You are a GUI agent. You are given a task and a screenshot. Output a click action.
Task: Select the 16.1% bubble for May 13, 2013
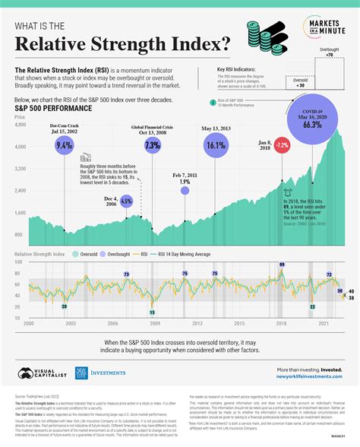217,145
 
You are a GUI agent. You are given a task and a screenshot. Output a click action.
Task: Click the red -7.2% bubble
281,144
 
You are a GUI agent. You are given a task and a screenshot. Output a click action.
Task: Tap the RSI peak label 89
282,265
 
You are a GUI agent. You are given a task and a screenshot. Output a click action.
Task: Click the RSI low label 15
152,312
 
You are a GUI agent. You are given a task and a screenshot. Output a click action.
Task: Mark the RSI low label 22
312,306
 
